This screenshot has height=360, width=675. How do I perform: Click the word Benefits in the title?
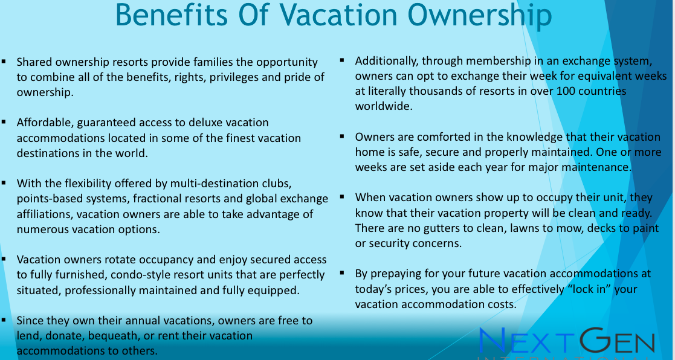tap(172, 15)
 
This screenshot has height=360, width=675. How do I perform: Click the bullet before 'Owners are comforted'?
tap(342, 137)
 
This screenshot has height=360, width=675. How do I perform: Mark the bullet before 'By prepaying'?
tap(342, 272)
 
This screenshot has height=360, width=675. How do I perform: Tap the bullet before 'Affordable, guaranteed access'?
tap(4, 122)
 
